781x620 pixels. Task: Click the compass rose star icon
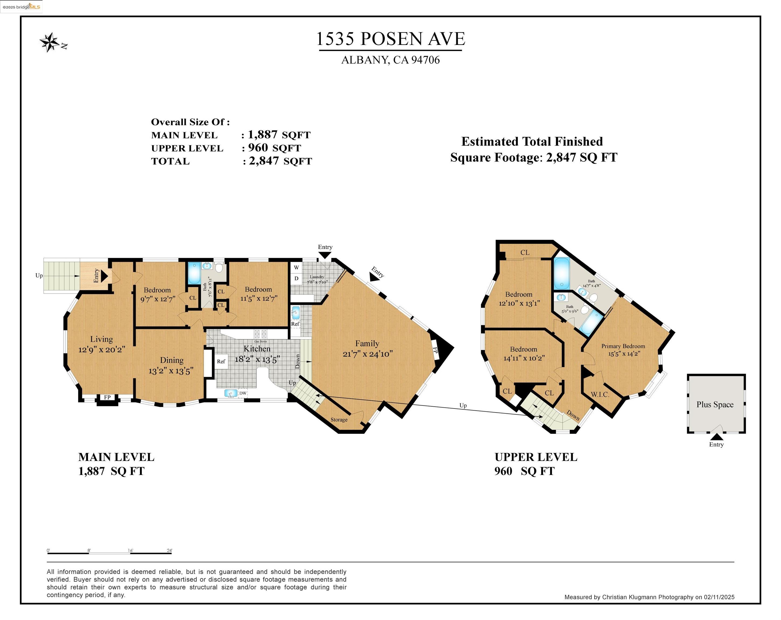[x=50, y=42]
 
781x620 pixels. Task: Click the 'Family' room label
[x=367, y=343]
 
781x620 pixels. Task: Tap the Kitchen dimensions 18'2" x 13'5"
[x=257, y=359]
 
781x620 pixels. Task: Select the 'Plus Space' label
[x=715, y=404]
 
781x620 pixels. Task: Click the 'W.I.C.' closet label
[x=600, y=394]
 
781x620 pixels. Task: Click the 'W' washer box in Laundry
[x=296, y=268]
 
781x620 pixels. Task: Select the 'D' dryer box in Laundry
[x=296, y=279]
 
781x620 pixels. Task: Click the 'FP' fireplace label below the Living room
[x=107, y=397]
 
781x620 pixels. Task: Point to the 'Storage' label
[x=339, y=420]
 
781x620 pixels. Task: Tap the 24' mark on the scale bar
[x=170, y=551]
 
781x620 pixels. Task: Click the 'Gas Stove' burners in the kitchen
[x=261, y=334]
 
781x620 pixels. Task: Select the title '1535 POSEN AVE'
[x=390, y=39]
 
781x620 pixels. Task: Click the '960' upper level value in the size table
[x=258, y=147]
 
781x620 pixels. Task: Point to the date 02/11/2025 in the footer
[x=719, y=597]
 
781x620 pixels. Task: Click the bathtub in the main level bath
[x=194, y=273]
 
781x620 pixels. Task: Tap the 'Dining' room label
[x=172, y=360]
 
